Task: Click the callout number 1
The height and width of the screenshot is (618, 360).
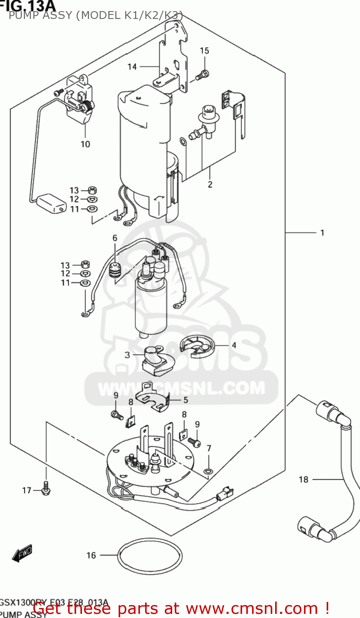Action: pos(322,233)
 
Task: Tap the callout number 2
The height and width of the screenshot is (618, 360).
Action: pos(210,184)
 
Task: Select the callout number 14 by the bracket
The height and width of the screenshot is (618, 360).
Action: pos(132,66)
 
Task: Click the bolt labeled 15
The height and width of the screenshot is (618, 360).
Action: pos(203,75)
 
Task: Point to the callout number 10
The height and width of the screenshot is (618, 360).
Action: pos(85,144)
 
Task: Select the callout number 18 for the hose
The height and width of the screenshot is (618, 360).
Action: pos(303,479)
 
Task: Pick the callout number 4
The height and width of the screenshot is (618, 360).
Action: pos(234,345)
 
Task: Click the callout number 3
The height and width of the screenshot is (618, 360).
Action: pos(127,355)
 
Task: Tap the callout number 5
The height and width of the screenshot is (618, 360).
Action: pos(186,400)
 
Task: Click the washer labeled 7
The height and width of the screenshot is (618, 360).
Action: pos(209,471)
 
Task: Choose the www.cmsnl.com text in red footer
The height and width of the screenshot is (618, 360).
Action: pos(252,609)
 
